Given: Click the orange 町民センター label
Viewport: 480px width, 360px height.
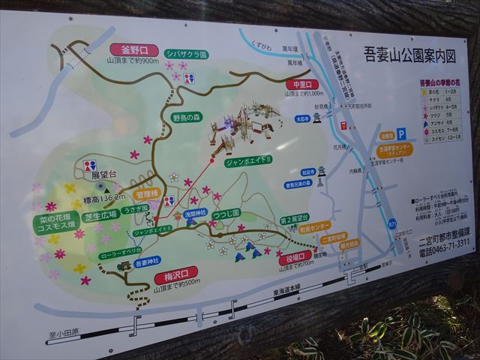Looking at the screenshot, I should tap(310, 226).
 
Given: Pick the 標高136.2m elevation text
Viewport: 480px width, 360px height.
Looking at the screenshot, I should tap(104, 199).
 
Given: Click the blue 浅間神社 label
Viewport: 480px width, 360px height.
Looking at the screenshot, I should tap(194, 214).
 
